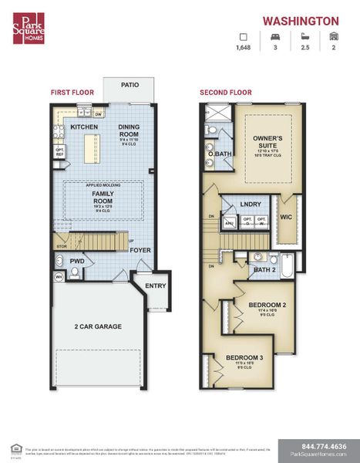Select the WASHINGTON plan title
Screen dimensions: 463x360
pyautogui.click(x=301, y=22)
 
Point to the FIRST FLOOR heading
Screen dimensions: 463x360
pyautogui.click(x=72, y=93)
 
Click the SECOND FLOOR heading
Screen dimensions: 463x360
pyautogui.click(x=225, y=93)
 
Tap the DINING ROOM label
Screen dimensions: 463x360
pyautogui.click(x=129, y=130)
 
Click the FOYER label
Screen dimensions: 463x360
pyautogui.click(x=140, y=249)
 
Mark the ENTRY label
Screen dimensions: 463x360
pyautogui.click(x=155, y=286)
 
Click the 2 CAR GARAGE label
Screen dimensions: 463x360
pyautogui.click(x=98, y=326)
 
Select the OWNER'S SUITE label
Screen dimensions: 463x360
pyautogui.click(x=269, y=142)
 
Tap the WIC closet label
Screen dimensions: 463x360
pyautogui.click(x=284, y=217)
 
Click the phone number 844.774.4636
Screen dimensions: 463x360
pyautogui.click(x=317, y=445)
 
